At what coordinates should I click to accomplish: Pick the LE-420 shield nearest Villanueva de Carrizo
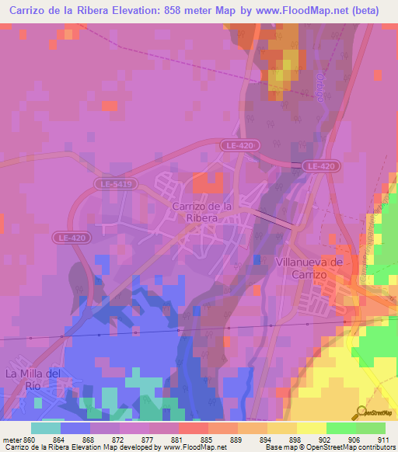[320, 166]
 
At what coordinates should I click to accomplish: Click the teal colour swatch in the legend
[46, 428]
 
